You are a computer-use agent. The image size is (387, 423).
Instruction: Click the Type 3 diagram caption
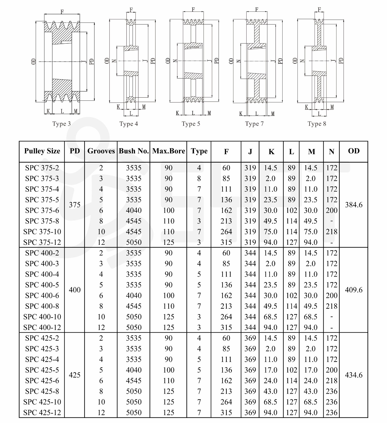(x=61, y=124)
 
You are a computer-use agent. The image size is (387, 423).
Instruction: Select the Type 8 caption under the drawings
(x=317, y=124)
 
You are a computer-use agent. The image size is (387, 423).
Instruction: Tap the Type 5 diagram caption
(x=191, y=124)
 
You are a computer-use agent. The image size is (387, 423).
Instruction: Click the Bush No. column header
(x=134, y=151)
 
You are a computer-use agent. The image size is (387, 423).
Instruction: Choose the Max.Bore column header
(x=169, y=151)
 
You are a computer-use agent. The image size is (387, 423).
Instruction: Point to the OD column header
(x=354, y=151)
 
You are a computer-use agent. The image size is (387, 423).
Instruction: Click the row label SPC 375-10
(x=42, y=232)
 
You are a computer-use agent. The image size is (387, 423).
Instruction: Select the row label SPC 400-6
(x=42, y=296)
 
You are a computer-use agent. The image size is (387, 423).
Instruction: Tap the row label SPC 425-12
(x=42, y=412)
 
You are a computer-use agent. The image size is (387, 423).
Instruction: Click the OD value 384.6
(x=354, y=205)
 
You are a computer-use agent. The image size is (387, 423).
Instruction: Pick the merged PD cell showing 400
(x=75, y=290)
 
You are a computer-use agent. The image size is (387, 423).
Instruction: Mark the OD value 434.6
(x=354, y=375)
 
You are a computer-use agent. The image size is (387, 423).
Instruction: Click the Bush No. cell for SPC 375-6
(x=134, y=210)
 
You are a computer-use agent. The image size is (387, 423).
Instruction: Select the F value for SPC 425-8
(x=226, y=391)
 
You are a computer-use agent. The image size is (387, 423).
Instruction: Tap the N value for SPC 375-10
(x=331, y=232)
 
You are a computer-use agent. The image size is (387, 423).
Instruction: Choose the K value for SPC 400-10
(x=270, y=317)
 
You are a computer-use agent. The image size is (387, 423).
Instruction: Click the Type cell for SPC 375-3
(x=199, y=178)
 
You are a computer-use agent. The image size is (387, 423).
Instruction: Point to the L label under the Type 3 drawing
(x=62, y=111)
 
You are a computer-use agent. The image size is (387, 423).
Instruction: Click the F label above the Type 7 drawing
(x=257, y=10)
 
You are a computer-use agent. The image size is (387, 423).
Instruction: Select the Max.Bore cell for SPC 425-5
(x=169, y=370)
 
